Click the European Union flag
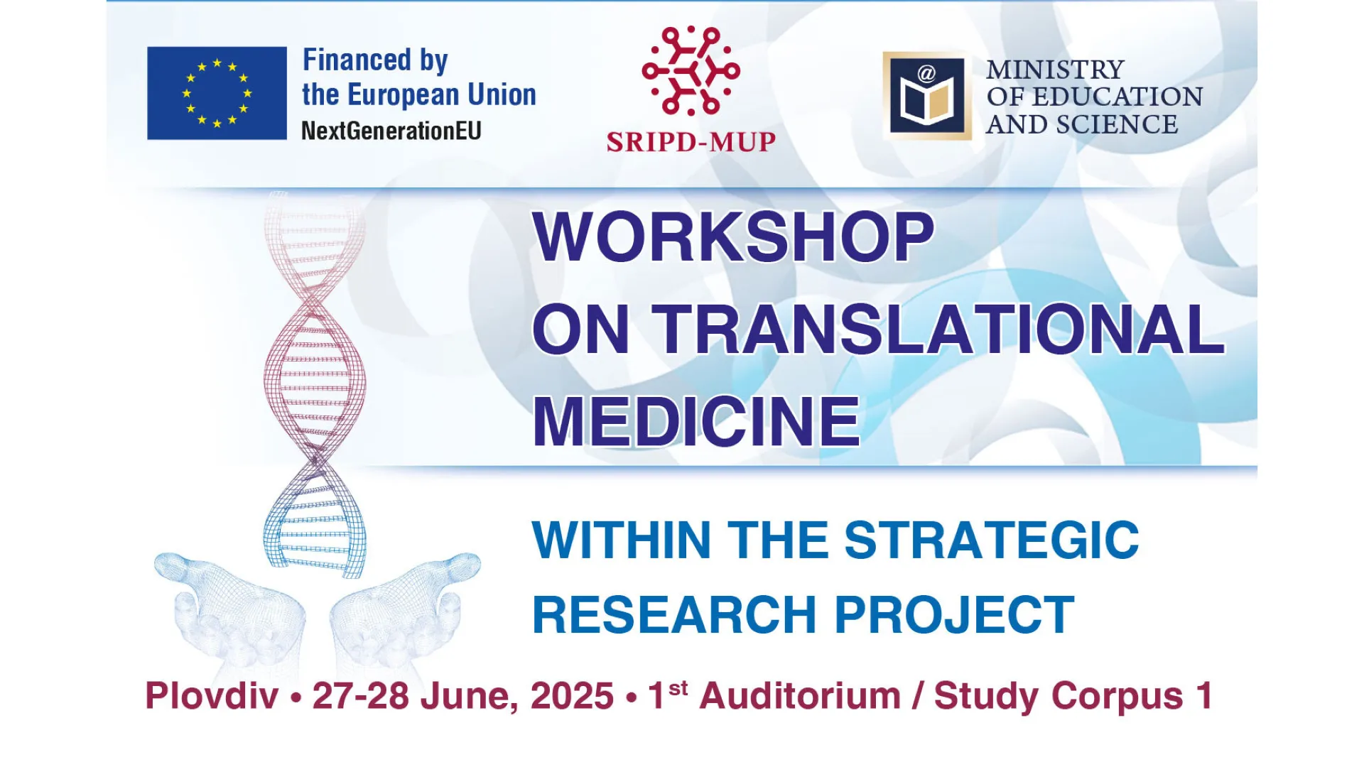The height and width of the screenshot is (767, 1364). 217,93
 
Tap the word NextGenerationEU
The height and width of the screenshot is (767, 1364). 391,131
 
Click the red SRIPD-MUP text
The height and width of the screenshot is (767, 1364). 691,142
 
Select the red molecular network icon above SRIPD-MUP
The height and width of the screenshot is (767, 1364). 691,70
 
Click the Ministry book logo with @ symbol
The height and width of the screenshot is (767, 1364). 926,95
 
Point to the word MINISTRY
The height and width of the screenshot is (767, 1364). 1055,70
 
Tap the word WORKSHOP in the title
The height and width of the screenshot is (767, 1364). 733,236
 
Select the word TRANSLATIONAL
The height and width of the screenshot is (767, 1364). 938,329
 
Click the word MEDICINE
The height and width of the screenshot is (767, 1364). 696,422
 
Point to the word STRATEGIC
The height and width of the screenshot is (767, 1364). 992,540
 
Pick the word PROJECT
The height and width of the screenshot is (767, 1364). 954,614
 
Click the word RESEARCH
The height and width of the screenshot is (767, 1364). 674,614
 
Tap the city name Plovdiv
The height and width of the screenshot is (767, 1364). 212,695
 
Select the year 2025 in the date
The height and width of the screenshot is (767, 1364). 572,696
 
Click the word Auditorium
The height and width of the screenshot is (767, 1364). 800,695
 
